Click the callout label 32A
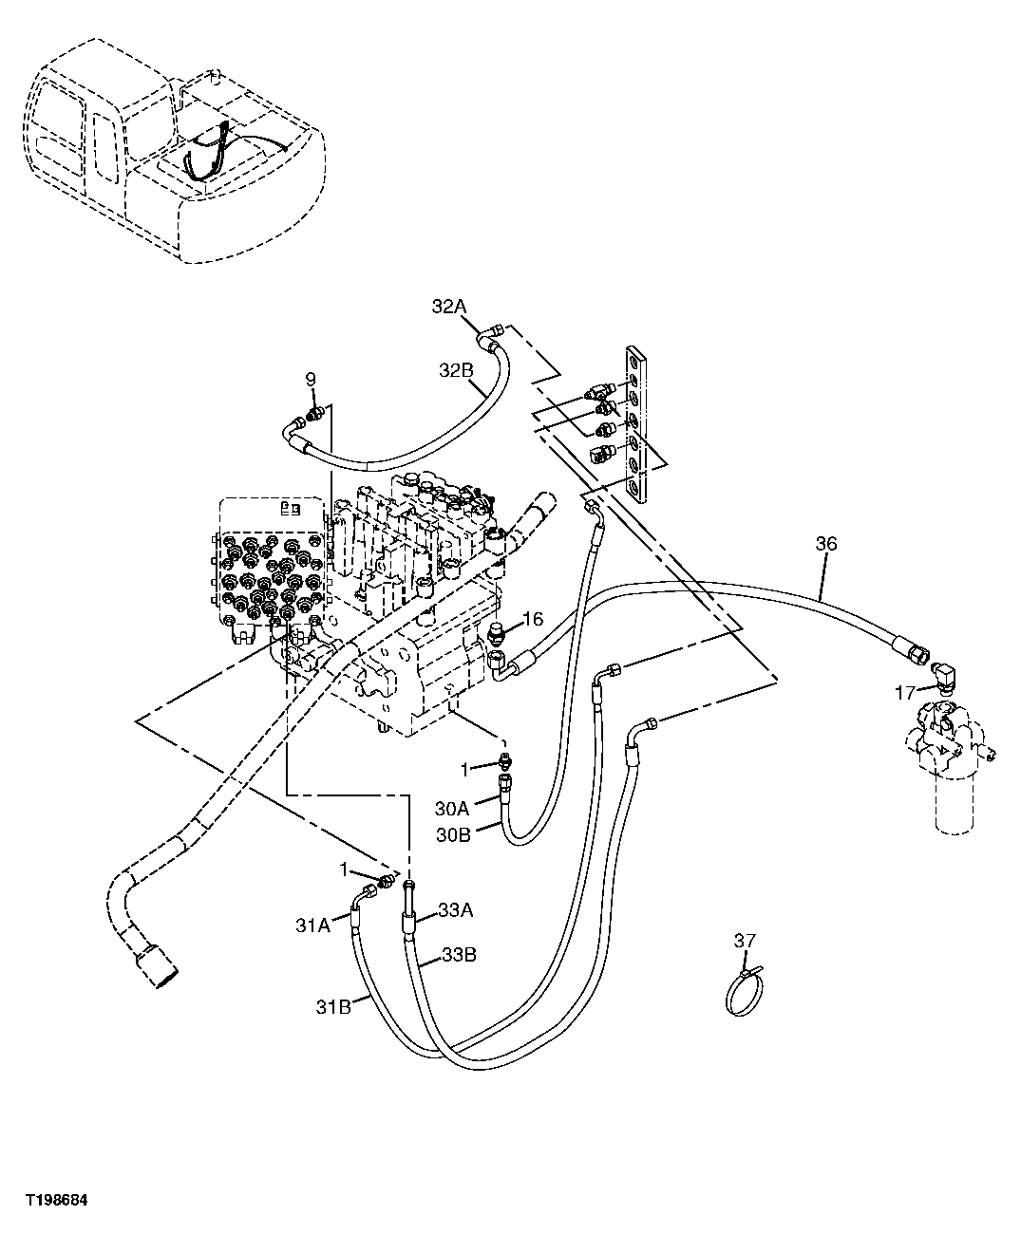[x=449, y=307]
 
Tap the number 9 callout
[x=310, y=380]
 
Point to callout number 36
[x=826, y=544]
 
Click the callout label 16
[x=532, y=620]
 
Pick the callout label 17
[x=904, y=693]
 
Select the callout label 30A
[x=452, y=808]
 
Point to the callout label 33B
[x=459, y=956]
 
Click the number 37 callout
[x=744, y=941]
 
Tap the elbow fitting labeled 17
[x=948, y=676]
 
